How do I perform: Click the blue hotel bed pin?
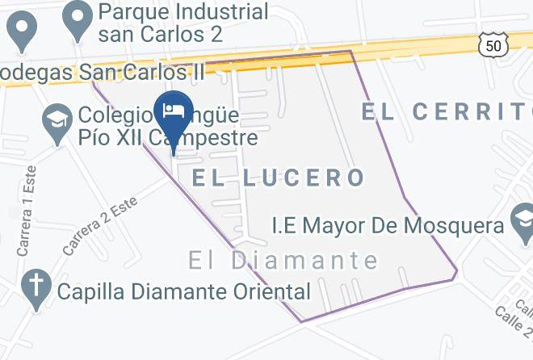pyautogui.click(x=172, y=111)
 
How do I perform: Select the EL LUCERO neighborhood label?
pyautogui.click(x=279, y=178)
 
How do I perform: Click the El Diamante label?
pyautogui.click(x=283, y=261)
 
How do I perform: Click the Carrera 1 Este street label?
pyautogui.click(x=26, y=211)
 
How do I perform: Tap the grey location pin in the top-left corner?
pyautogui.click(x=22, y=31)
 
